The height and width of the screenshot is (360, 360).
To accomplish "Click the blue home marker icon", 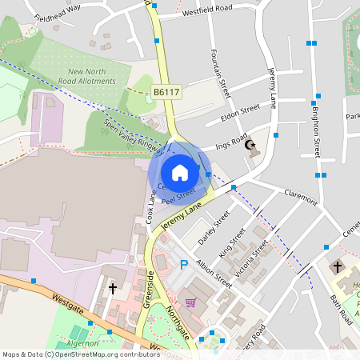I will [x=180, y=173].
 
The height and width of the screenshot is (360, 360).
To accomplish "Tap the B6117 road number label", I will [x=166, y=93].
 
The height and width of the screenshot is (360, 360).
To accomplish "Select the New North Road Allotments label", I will [x=88, y=77].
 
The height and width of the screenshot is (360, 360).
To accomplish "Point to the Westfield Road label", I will [x=207, y=8].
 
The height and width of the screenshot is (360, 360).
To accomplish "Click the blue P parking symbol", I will [x=183, y=266].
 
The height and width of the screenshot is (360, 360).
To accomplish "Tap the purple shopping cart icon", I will [x=190, y=302].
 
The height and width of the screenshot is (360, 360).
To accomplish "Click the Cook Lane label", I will [x=150, y=206].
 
